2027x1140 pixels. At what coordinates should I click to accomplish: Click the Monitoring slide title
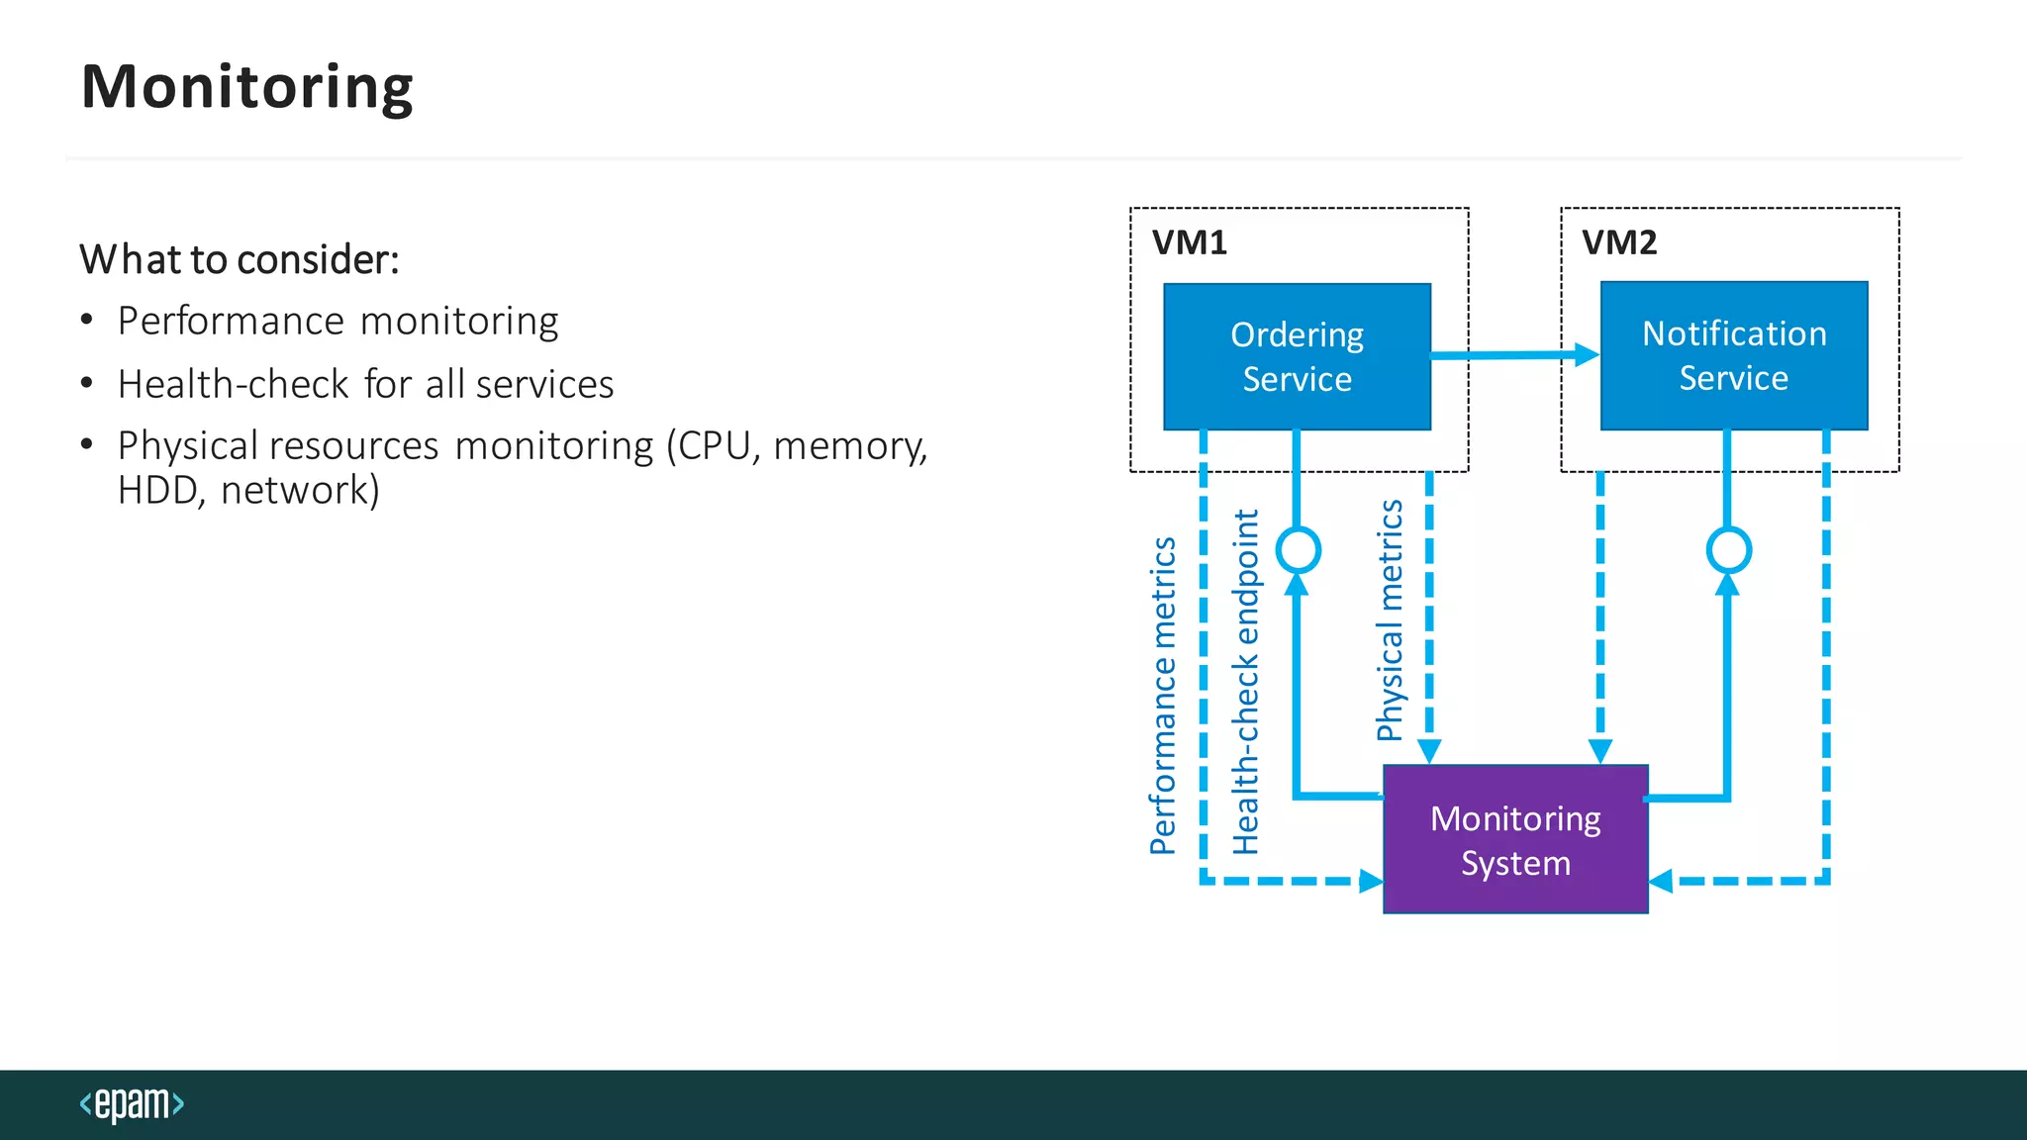click(x=246, y=87)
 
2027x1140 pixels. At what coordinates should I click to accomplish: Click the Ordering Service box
click(x=1297, y=356)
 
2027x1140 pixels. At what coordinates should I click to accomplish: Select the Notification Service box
click(x=1734, y=355)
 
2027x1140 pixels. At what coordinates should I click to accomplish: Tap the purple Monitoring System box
click(x=1515, y=839)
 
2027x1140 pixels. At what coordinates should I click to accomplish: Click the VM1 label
click(x=1189, y=242)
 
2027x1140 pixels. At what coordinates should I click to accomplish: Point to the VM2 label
click(x=1618, y=242)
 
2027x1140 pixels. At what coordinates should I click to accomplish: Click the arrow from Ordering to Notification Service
click(x=1514, y=354)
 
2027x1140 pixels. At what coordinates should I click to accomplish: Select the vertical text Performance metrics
click(x=1163, y=696)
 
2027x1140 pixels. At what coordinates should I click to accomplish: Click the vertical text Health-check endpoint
click(x=1245, y=682)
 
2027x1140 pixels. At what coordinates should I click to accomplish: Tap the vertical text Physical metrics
click(x=1390, y=620)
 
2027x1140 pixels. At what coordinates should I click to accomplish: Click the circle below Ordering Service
click(x=1298, y=549)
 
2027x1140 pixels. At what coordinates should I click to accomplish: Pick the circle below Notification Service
click(x=1728, y=550)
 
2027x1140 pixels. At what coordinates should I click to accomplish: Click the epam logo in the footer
click(x=132, y=1103)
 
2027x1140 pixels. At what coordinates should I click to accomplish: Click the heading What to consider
click(x=239, y=259)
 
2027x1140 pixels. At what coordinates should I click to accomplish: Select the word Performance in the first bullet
click(x=231, y=322)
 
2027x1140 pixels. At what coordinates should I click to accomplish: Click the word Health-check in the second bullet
click(x=233, y=384)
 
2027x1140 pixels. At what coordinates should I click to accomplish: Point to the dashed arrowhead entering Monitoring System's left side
click(x=1371, y=881)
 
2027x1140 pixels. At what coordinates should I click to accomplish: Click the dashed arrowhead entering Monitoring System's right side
click(x=1661, y=881)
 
